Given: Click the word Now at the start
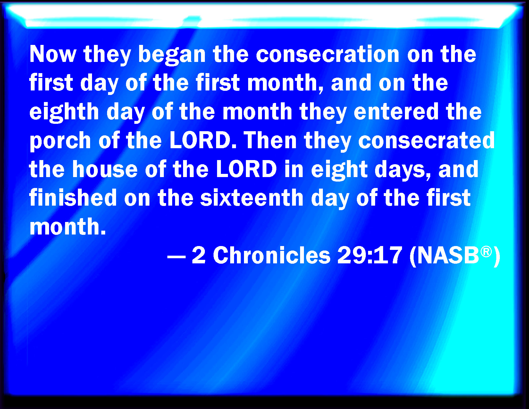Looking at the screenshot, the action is (53, 54).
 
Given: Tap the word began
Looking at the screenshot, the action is (172, 55).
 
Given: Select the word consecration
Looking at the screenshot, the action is (328, 54).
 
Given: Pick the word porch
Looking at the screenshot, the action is (60, 141).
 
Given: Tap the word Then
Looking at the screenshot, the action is (270, 140).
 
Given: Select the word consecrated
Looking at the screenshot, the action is (426, 140).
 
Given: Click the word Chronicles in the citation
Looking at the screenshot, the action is (272, 255).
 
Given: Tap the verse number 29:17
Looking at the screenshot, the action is (370, 255).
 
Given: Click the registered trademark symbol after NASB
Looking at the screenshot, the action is (486, 251).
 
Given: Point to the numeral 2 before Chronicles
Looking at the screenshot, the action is (199, 255).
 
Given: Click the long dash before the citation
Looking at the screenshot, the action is (177, 257).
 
